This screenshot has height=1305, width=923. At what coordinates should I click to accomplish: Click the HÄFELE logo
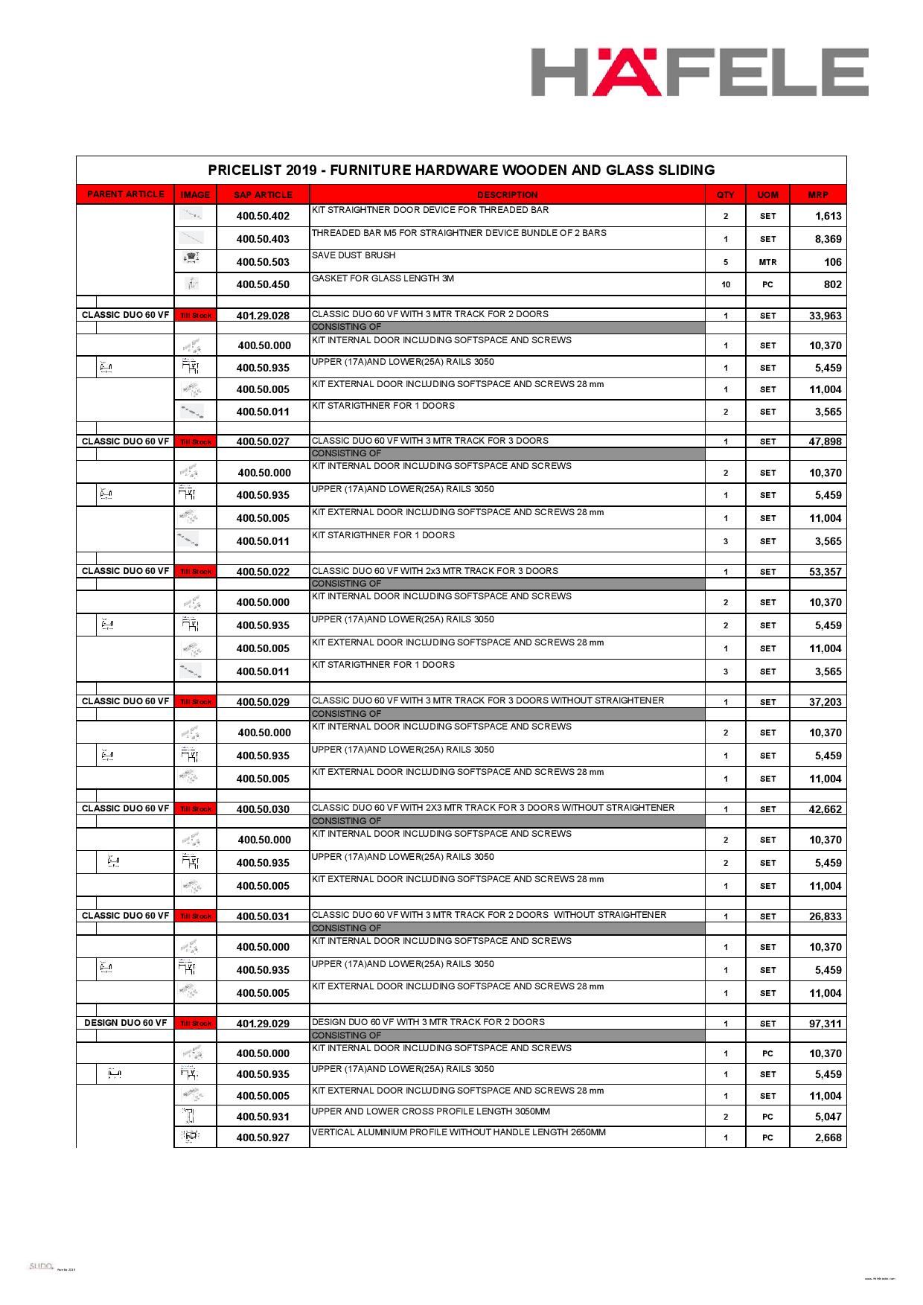click(699, 72)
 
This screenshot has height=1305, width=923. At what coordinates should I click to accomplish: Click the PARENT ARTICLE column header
click(125, 194)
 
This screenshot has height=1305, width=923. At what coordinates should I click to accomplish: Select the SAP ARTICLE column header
click(263, 195)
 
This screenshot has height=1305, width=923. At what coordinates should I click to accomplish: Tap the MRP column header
click(817, 195)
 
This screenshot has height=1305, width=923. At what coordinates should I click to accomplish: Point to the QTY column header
click(725, 195)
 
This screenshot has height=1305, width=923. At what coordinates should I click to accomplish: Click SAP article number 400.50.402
click(263, 217)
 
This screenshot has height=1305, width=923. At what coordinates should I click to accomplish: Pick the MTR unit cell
click(767, 262)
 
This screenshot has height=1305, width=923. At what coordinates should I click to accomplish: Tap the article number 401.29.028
click(263, 316)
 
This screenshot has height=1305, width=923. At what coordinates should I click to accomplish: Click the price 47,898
click(825, 441)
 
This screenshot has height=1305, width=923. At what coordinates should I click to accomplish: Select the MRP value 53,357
click(825, 572)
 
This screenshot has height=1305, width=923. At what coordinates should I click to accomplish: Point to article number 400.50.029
click(263, 702)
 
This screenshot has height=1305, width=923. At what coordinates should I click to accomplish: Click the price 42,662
click(825, 809)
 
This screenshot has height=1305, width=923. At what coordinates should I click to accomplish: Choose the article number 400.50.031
click(263, 916)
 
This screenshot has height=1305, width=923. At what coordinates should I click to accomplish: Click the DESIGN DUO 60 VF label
click(125, 1023)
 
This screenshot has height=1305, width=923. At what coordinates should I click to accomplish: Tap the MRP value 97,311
click(825, 1024)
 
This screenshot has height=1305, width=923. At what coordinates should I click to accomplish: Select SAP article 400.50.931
click(263, 1117)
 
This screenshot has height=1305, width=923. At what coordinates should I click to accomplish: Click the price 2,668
click(828, 1138)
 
